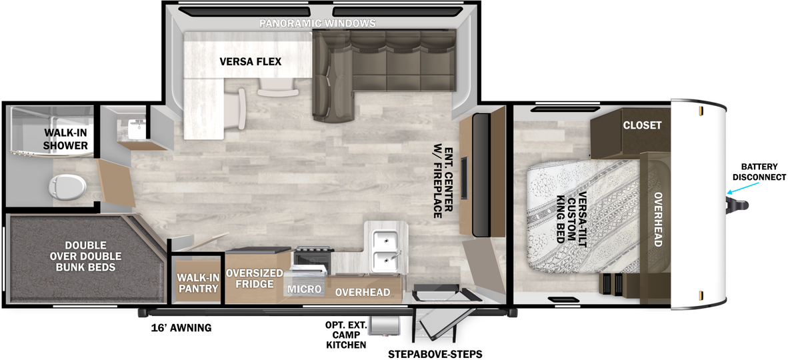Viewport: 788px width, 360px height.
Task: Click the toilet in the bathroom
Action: (67, 187)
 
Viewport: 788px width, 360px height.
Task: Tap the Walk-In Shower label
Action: (65, 139)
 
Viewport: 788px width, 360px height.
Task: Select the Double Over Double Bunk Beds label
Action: (86, 256)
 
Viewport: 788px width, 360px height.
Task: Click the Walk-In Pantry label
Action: (197, 283)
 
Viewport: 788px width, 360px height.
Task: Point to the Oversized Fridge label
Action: (254, 278)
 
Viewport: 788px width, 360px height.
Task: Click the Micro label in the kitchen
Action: (304, 289)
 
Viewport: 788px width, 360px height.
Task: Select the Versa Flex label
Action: (250, 62)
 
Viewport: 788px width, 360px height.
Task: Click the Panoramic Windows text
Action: (317, 23)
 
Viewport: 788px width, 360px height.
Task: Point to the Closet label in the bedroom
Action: (642, 125)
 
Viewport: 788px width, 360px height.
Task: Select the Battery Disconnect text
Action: (759, 172)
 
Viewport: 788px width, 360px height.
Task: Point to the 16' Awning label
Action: (181, 328)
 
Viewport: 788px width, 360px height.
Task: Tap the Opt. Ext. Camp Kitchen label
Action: (346, 335)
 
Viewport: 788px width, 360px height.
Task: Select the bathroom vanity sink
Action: (136, 128)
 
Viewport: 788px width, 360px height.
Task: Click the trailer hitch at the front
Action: (738, 205)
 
